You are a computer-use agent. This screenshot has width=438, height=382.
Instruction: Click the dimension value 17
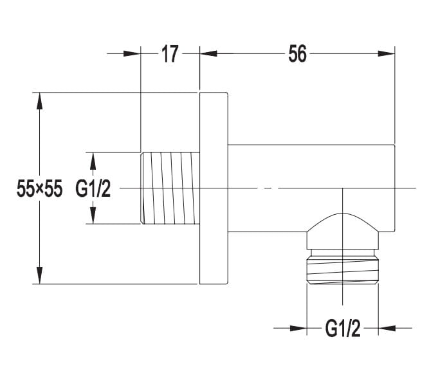tap(170, 54)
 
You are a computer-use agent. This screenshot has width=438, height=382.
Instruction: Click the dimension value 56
tap(297, 53)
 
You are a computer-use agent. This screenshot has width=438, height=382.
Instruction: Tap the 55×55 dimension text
tap(39, 188)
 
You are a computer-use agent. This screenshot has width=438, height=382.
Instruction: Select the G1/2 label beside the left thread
tap(93, 188)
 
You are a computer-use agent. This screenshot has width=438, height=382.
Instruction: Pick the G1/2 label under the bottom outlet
tap(342, 329)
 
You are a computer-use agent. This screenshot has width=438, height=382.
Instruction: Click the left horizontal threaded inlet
tap(170, 188)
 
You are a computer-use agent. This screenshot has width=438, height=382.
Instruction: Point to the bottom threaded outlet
tap(342, 267)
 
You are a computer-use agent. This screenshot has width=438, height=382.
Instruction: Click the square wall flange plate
tap(214, 188)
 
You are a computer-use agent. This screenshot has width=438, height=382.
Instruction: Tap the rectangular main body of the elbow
tap(311, 188)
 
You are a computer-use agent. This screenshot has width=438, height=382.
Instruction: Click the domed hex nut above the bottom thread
tap(342, 232)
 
